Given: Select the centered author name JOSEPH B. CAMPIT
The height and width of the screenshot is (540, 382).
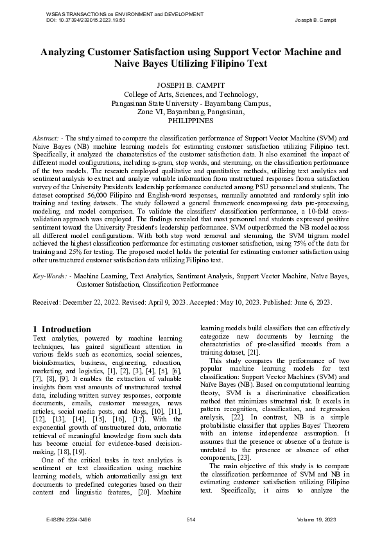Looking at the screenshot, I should (x=190, y=85).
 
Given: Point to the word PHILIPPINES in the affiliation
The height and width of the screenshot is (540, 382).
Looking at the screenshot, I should (x=190, y=120).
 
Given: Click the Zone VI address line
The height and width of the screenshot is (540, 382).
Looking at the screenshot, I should (x=190, y=111).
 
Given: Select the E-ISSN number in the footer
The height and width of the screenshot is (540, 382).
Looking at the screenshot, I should (x=64, y=518).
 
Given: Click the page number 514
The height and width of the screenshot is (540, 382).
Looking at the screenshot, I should (x=191, y=518).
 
